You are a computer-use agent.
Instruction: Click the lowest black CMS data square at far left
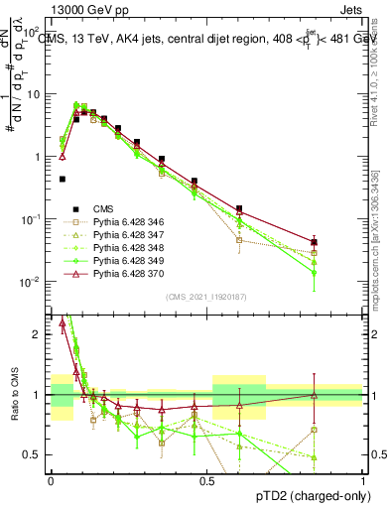[63, 180]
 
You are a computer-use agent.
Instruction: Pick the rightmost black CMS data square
[314, 242]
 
